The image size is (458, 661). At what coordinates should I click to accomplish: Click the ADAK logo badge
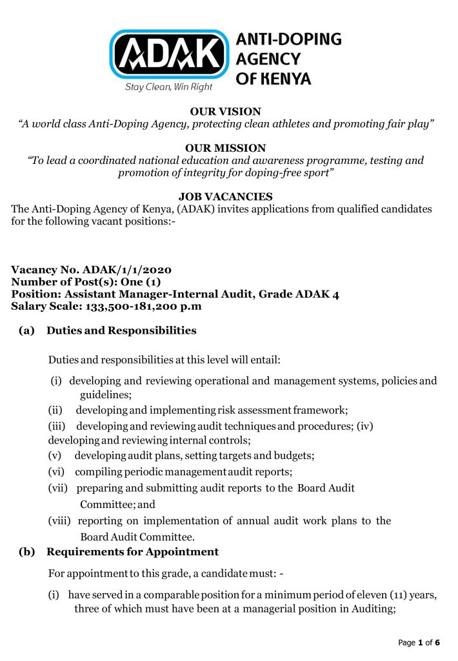click(169, 54)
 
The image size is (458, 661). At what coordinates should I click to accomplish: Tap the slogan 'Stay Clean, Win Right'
click(168, 87)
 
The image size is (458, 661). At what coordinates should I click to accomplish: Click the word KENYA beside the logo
click(283, 79)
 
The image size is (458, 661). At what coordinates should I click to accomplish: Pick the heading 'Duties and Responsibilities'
click(121, 330)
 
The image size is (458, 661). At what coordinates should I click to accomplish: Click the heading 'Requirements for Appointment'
click(132, 552)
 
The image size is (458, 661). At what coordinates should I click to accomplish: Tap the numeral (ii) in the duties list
click(56, 410)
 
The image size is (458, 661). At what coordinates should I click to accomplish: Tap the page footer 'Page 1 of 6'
click(419, 643)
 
